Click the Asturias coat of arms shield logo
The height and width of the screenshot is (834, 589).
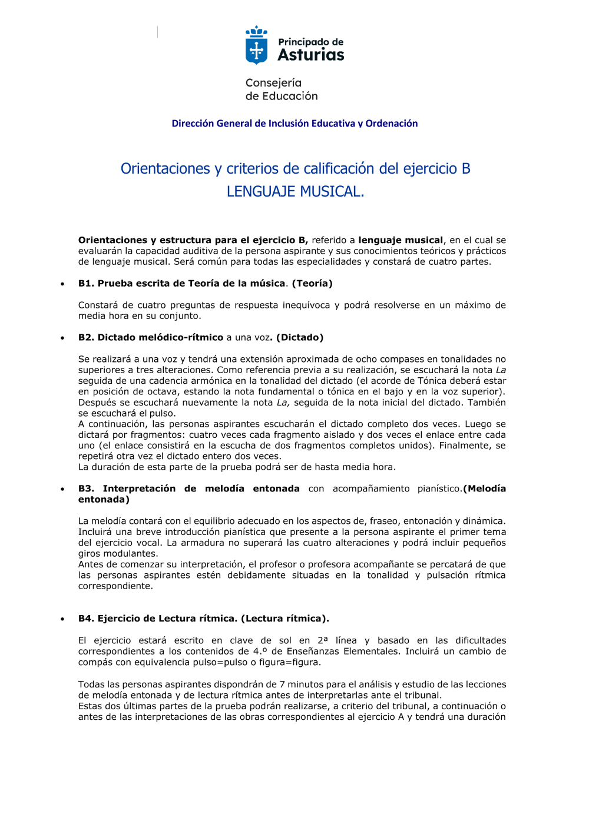(256, 46)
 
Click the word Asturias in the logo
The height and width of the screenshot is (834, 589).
(311, 55)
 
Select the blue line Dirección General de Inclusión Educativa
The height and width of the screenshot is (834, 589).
(294, 124)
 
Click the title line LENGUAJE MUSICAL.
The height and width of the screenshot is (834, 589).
(295, 192)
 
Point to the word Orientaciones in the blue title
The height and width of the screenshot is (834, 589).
(166, 169)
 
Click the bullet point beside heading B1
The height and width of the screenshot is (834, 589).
(62, 284)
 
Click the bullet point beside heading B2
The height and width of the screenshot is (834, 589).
(62, 338)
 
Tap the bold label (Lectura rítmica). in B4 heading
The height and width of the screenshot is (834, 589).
(285, 619)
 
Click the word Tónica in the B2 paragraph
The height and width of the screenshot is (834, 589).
(432, 381)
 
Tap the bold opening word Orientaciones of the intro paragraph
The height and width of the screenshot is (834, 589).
(112, 240)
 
